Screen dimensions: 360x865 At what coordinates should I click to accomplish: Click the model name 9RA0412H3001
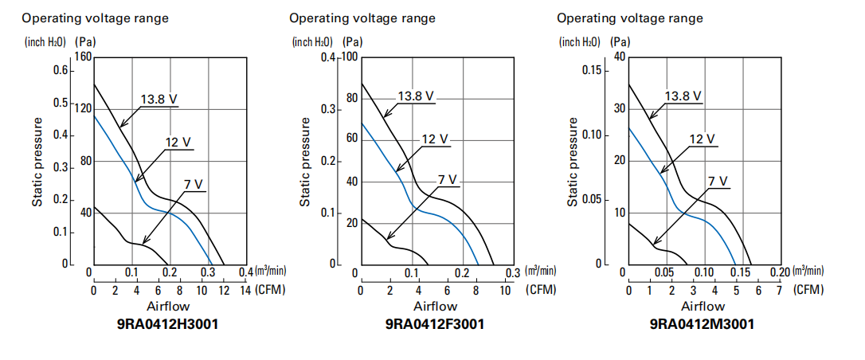169,324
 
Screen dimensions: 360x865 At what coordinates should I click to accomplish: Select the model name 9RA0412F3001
435,324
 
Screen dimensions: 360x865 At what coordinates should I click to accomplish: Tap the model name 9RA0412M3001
702,324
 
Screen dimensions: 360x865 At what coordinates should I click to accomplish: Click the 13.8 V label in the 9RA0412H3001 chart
159,100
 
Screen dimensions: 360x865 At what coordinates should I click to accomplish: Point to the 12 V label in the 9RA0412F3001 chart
434,139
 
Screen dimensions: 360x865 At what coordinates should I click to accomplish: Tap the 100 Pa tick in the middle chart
352,57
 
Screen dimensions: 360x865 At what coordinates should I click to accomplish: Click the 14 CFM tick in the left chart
245,290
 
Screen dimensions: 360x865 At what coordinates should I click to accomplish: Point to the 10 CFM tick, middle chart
505,290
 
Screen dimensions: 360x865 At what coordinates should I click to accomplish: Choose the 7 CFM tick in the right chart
779,290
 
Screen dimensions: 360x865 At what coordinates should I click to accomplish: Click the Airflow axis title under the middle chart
436,306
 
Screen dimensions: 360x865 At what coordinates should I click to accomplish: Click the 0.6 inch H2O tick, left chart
61,70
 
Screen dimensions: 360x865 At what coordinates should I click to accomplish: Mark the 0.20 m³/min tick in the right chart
780,272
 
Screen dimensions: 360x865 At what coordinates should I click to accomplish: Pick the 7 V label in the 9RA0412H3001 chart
193,185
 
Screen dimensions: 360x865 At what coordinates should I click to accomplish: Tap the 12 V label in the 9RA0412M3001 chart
702,139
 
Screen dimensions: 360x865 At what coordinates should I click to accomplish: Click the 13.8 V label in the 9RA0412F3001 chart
416,96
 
